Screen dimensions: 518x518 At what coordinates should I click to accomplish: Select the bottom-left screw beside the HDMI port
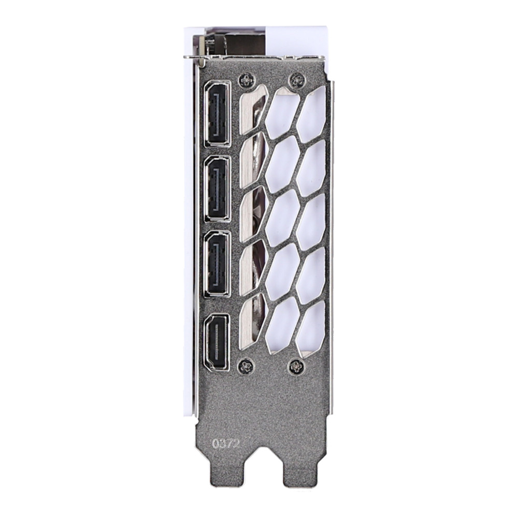(246, 365)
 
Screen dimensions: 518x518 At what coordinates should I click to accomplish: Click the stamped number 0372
(225, 444)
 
